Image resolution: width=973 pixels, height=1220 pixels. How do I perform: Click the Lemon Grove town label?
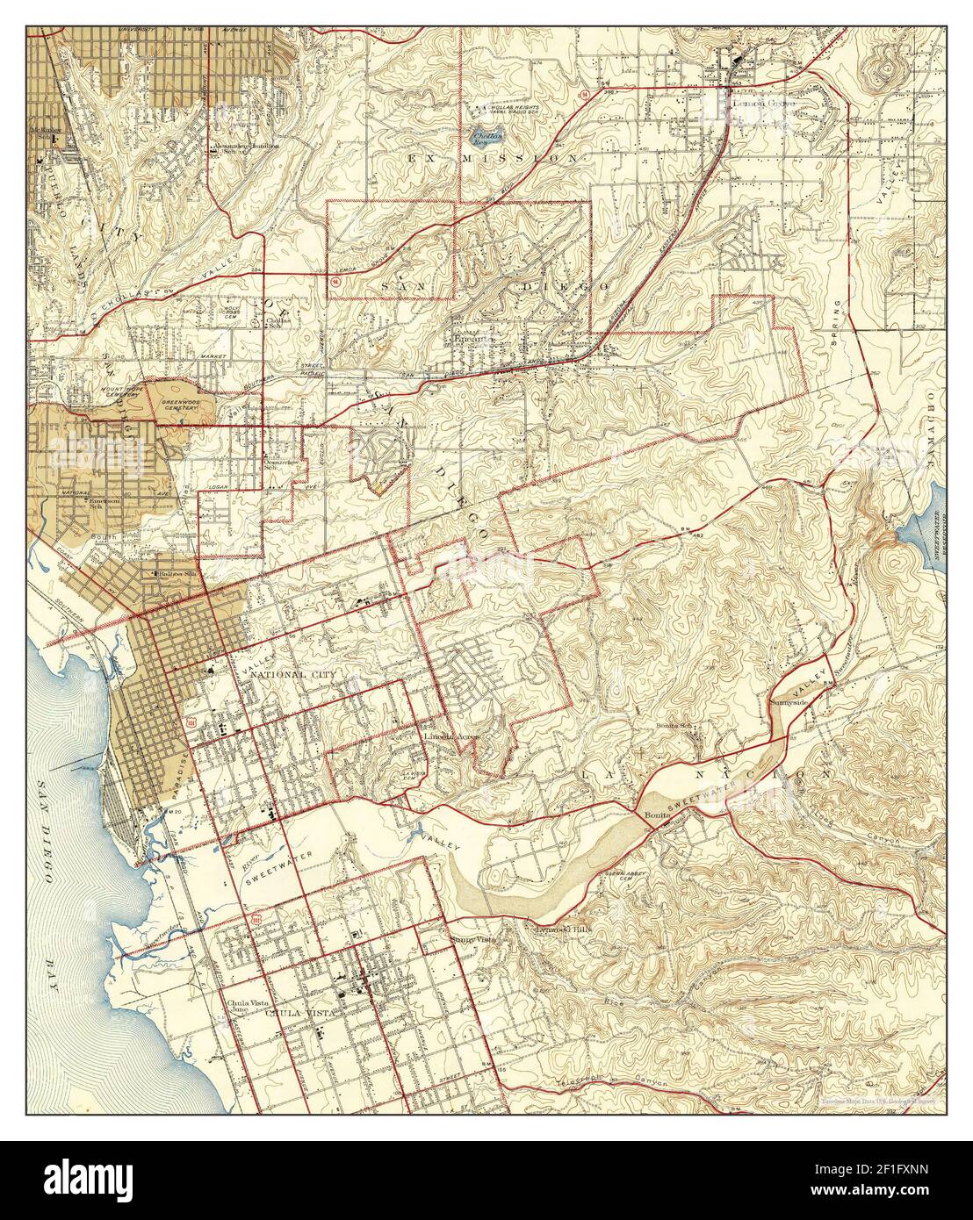pyautogui.click(x=761, y=102)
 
